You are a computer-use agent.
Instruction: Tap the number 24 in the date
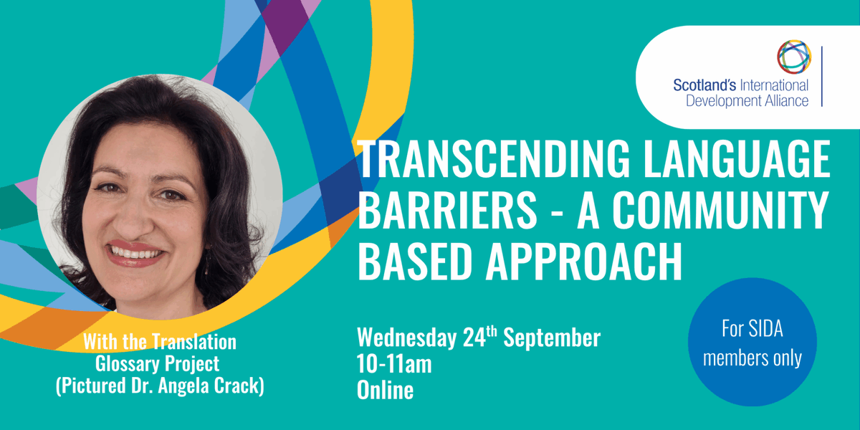coord(484,338)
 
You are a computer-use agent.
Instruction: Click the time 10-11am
coord(394,364)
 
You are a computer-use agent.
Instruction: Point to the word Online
coord(385,390)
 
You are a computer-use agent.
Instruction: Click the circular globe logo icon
coord(794,57)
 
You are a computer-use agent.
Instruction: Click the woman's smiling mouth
coord(135,253)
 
